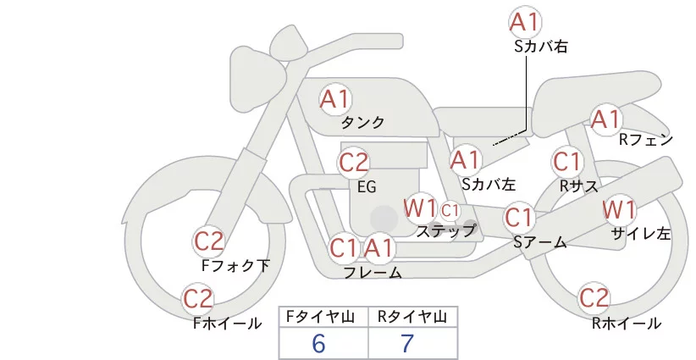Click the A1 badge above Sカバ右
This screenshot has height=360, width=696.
tap(525, 22)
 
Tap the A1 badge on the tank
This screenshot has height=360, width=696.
tap(335, 99)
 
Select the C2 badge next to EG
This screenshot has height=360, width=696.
tap(354, 163)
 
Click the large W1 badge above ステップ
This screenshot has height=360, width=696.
tap(419, 208)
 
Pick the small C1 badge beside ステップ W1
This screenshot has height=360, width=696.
tap(450, 211)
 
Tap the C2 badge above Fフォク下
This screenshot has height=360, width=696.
tap(209, 241)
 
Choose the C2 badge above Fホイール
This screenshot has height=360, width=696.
tap(198, 299)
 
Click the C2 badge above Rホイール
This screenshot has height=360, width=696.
tap(594, 298)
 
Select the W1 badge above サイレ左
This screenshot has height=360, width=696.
tap(619, 209)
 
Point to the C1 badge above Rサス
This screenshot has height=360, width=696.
tap(566, 162)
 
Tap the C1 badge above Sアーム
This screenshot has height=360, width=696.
tap(518, 218)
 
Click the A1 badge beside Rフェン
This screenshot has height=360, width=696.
tap(605, 119)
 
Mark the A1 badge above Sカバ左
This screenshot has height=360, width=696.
tap(465, 160)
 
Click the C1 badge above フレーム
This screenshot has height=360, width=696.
tap(343, 248)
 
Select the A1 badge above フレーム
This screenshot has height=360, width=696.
tap(378, 248)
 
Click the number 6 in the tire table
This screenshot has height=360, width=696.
tap(318, 344)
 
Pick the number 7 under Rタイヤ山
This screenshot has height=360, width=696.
tap(407, 344)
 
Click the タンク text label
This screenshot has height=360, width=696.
tap(362, 123)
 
